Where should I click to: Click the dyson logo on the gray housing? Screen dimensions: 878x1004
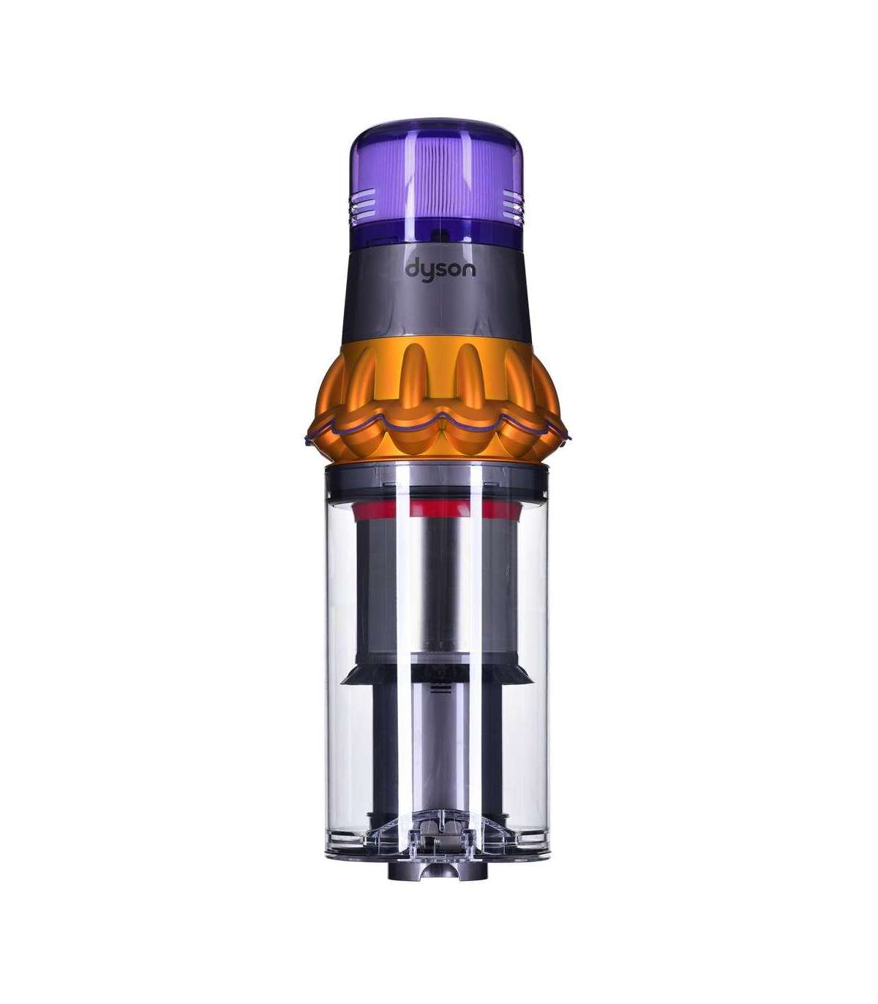pyautogui.click(x=440, y=271)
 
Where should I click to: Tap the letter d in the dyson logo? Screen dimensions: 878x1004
pyautogui.click(x=412, y=269)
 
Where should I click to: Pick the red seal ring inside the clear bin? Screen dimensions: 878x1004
pyautogui.click(x=436, y=510)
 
